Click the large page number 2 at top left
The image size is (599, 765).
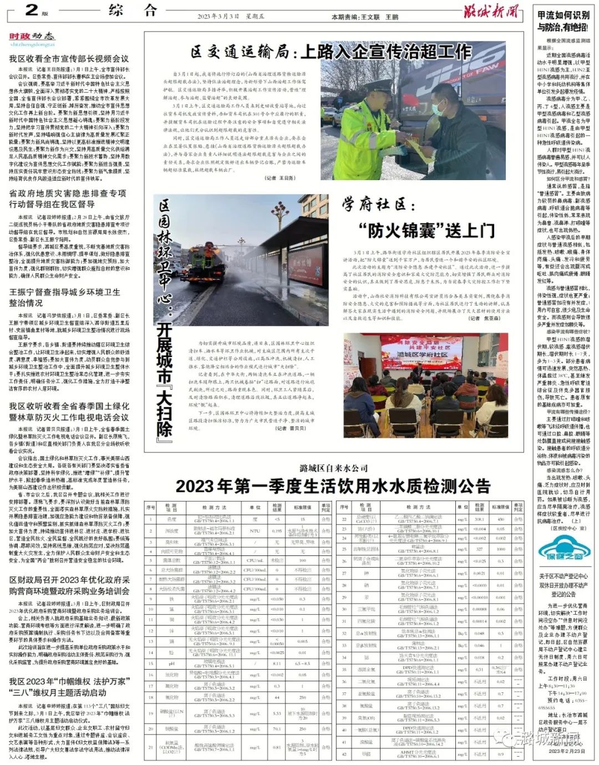coord(31,10)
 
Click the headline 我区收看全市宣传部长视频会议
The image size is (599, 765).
coord(69,58)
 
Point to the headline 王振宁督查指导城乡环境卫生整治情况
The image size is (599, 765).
coord(64,297)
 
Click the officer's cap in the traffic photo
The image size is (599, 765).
coord(381,86)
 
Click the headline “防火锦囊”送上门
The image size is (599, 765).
coord(427,229)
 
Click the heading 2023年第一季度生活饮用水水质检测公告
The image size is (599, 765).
coord(333,486)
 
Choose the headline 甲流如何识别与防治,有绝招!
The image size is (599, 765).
coord(563,21)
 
